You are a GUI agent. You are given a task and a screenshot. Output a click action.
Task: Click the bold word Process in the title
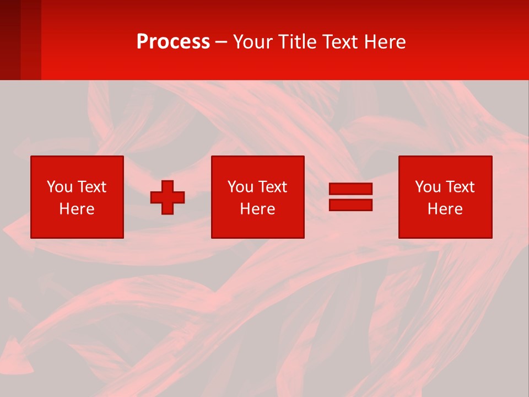173,42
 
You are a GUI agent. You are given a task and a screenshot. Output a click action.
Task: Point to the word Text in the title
339,42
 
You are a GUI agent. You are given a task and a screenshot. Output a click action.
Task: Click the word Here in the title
384,42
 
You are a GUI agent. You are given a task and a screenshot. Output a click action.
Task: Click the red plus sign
168,197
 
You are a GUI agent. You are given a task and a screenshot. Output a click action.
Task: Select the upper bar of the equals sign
350,189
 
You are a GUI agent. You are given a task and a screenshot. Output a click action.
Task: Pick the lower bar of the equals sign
350,205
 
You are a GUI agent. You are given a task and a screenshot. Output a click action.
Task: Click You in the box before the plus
60,187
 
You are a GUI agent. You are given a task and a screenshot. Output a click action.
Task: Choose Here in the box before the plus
77,209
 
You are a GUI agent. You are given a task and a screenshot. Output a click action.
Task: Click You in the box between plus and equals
240,187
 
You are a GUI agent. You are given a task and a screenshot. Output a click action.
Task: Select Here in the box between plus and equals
257,209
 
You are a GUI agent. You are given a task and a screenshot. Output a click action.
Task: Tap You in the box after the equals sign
428,187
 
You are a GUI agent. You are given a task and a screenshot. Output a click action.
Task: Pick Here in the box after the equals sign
445,209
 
